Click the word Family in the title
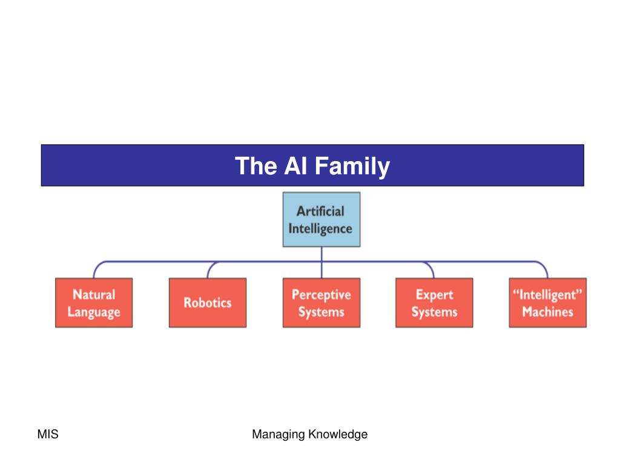[352, 167]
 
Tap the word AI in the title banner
[295, 165]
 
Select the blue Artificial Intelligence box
[322, 219]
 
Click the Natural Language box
[94, 303]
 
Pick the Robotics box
[208, 303]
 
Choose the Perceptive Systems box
[322, 303]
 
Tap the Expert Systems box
[434, 303]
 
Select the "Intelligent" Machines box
[547, 303]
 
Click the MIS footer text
[48, 434]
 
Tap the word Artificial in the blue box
[320, 211]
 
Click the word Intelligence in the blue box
[320, 229]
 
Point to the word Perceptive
[322, 295]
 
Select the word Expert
[435, 295]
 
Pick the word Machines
[547, 312]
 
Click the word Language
[94, 312]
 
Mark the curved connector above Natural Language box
[99, 265]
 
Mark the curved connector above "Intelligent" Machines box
[542, 265]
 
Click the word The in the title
[256, 165]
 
